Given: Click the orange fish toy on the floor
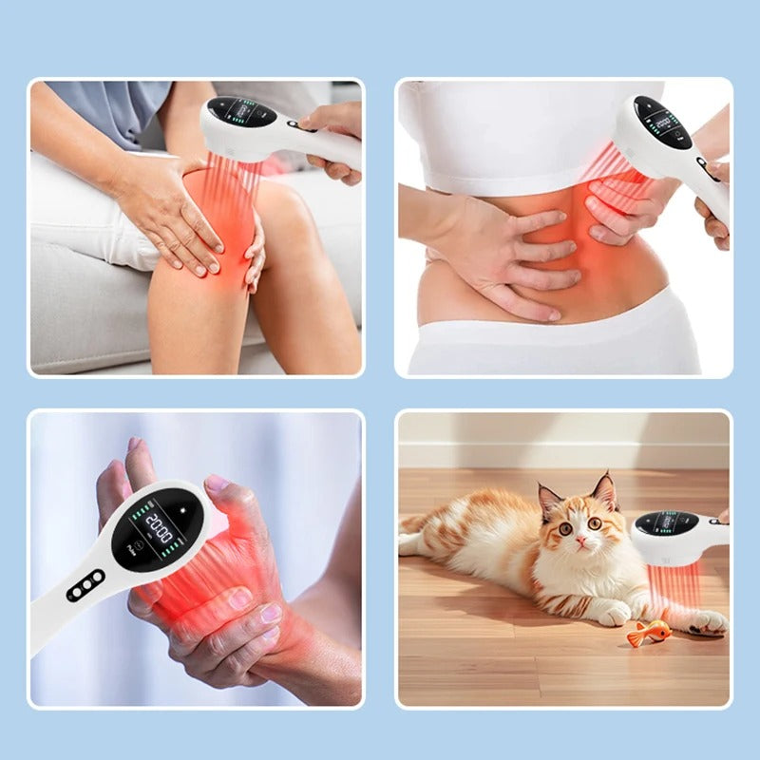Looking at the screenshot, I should (x=650, y=633).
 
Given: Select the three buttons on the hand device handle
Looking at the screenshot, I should (x=85, y=584).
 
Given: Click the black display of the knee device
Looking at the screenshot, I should (x=241, y=113).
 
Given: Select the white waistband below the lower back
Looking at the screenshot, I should (x=551, y=337).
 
